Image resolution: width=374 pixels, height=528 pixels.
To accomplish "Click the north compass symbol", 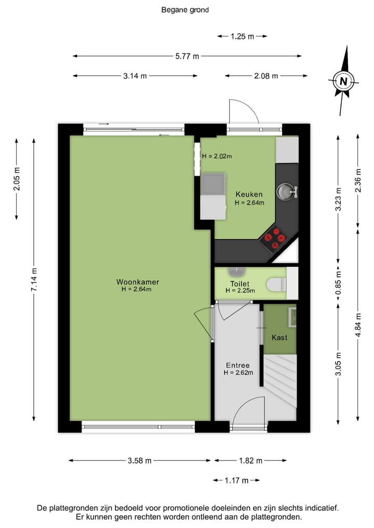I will click(343, 80).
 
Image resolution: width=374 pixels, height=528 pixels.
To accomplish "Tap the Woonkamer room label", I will click(137, 282).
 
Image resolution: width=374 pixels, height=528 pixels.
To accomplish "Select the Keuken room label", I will click(249, 194).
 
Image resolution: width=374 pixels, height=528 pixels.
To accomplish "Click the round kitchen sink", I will click(285, 192).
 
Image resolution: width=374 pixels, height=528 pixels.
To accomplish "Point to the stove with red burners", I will click(275, 237).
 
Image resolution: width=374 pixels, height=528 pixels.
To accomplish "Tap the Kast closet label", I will click(279, 337).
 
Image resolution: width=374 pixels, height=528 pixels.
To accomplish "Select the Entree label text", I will click(238, 365).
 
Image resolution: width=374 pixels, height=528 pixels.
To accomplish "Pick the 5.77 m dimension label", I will click(186, 56).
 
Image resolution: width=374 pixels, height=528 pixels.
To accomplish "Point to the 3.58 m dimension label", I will click(139, 461).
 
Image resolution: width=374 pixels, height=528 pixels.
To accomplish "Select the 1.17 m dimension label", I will click(236, 480).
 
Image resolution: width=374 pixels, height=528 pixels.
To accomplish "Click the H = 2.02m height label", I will click(217, 156).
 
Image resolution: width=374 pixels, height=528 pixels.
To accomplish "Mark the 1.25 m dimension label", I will click(242, 36).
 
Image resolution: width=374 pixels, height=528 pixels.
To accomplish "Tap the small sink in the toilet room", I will click(237, 272).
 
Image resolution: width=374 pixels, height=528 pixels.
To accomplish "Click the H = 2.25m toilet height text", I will click(240, 291).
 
